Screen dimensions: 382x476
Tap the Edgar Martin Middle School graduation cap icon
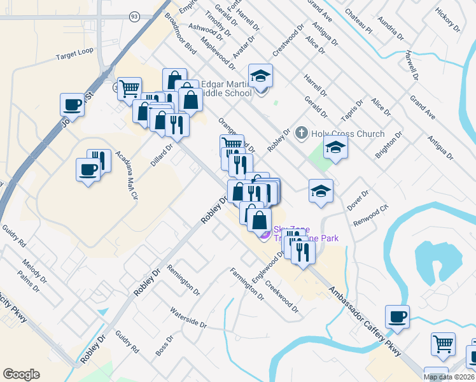(x=260, y=77)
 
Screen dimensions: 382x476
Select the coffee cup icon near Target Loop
(x=72, y=105)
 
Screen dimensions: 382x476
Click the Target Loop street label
(x=74, y=57)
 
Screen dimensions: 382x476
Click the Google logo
(x=21, y=374)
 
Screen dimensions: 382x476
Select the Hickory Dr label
(x=447, y=20)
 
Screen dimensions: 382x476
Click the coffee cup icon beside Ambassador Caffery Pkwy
(x=397, y=316)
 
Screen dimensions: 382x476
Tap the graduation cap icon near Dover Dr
(x=321, y=191)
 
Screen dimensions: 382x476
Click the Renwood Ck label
(x=370, y=216)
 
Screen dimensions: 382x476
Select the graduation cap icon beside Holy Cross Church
(x=336, y=148)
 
